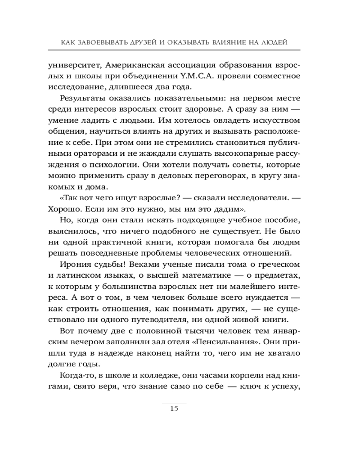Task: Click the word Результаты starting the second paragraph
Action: click(x=85, y=98)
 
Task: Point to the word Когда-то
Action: click(x=76, y=375)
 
